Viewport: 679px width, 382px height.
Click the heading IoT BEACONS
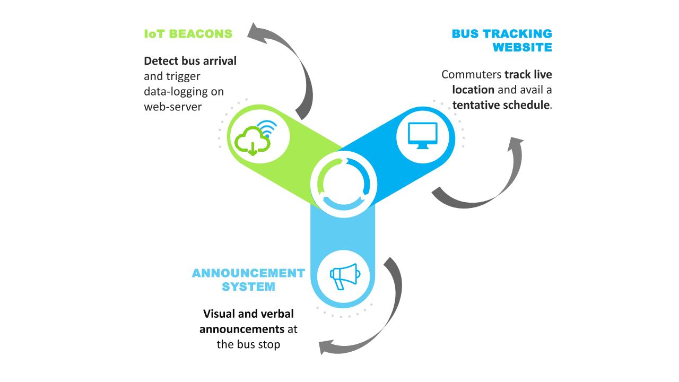pyautogui.click(x=188, y=34)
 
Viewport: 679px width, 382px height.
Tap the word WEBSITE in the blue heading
pyautogui.click(x=522, y=47)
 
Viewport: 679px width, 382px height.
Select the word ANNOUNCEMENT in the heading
pyautogui.click(x=248, y=273)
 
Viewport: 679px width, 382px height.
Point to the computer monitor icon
pyautogui.click(x=422, y=135)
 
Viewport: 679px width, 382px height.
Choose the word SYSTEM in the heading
pyautogui.click(x=248, y=286)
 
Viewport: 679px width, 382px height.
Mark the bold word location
pyautogui.click(x=473, y=90)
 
